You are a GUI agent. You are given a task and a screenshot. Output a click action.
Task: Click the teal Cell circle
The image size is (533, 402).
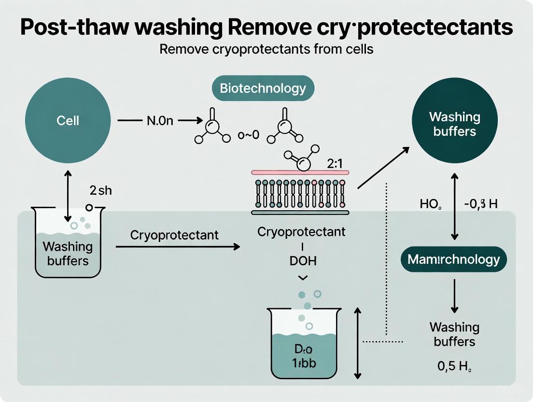click(x=68, y=120)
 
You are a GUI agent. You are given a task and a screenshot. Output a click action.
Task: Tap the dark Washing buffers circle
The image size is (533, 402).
click(x=454, y=124)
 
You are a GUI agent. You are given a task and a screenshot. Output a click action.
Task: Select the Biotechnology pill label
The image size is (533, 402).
click(x=263, y=88)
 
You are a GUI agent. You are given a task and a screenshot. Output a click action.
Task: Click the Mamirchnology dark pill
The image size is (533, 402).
click(x=454, y=259)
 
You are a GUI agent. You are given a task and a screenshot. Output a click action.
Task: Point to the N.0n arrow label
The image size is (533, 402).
click(x=159, y=121)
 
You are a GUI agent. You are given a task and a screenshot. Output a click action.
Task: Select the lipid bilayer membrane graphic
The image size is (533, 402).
click(x=300, y=192)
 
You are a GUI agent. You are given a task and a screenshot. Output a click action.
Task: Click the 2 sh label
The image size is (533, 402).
click(x=101, y=191)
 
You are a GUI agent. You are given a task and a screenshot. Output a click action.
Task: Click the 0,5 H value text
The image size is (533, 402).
click(x=454, y=366)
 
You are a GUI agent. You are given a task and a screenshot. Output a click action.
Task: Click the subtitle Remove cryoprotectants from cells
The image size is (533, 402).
click(x=266, y=49)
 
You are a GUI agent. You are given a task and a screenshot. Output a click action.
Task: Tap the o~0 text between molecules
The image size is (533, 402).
click(x=249, y=135)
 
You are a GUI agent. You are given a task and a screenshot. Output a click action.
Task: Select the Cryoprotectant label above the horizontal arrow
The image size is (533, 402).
click(x=174, y=235)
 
